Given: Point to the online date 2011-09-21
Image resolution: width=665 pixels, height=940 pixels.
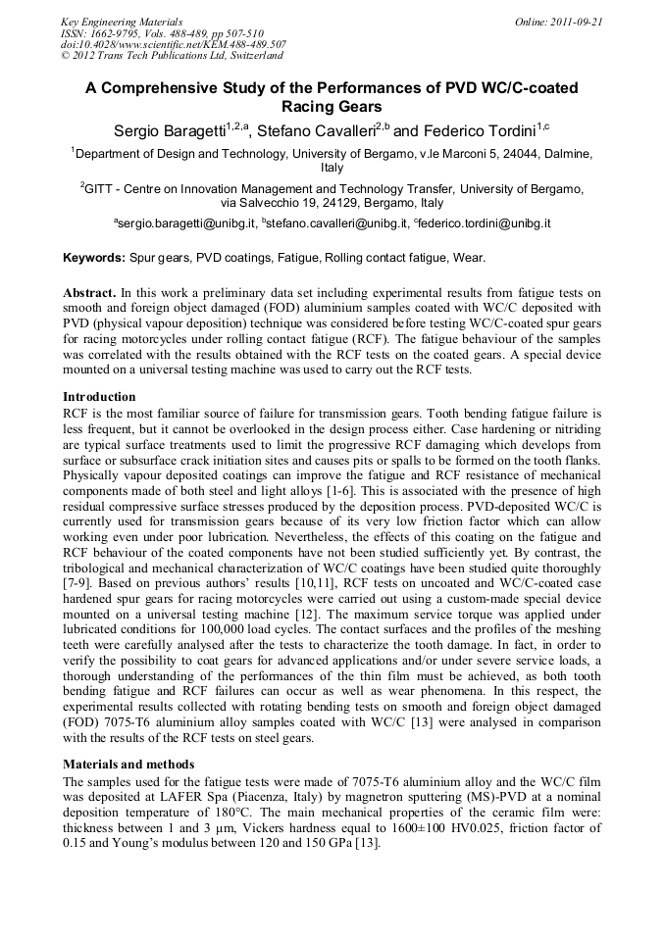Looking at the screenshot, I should tap(573, 22).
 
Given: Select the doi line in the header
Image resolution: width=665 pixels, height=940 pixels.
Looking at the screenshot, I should tap(174, 45).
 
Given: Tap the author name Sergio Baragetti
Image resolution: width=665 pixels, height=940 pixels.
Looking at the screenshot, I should tap(169, 130).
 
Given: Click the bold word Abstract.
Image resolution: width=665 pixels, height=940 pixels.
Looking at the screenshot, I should tap(90, 293).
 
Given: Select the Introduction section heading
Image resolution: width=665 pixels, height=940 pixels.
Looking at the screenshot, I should tap(99, 397).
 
